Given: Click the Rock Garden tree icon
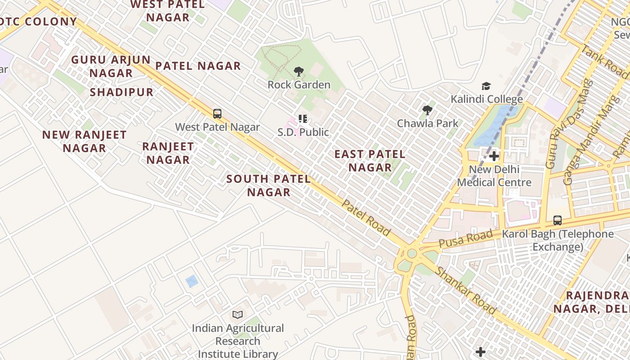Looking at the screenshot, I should coord(298,72).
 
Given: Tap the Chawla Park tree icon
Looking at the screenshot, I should coord(427,110).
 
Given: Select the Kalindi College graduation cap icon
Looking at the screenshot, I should coord(486,86).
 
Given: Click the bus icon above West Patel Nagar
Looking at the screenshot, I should coord(217,114).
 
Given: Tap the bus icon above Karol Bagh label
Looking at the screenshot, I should coord(558,220).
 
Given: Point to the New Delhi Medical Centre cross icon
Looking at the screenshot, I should coord(494,157).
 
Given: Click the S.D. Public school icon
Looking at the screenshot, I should coord(303,119).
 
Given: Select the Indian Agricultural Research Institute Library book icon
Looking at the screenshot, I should coord(238,315).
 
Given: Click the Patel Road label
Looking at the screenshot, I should coord(366,218).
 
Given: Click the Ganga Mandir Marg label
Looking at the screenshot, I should coord(584,139).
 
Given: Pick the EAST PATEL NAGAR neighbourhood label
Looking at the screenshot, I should coord(370,161).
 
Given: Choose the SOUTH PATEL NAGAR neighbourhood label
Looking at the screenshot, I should coord(269,185).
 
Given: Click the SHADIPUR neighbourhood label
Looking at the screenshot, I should coord(121,93).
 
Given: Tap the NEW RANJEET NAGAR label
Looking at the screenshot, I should coord(84,141).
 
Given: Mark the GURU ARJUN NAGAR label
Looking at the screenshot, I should coord(111,66).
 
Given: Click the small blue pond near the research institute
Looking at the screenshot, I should coord(192,281).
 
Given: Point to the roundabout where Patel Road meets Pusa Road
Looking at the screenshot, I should coord(412,253).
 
